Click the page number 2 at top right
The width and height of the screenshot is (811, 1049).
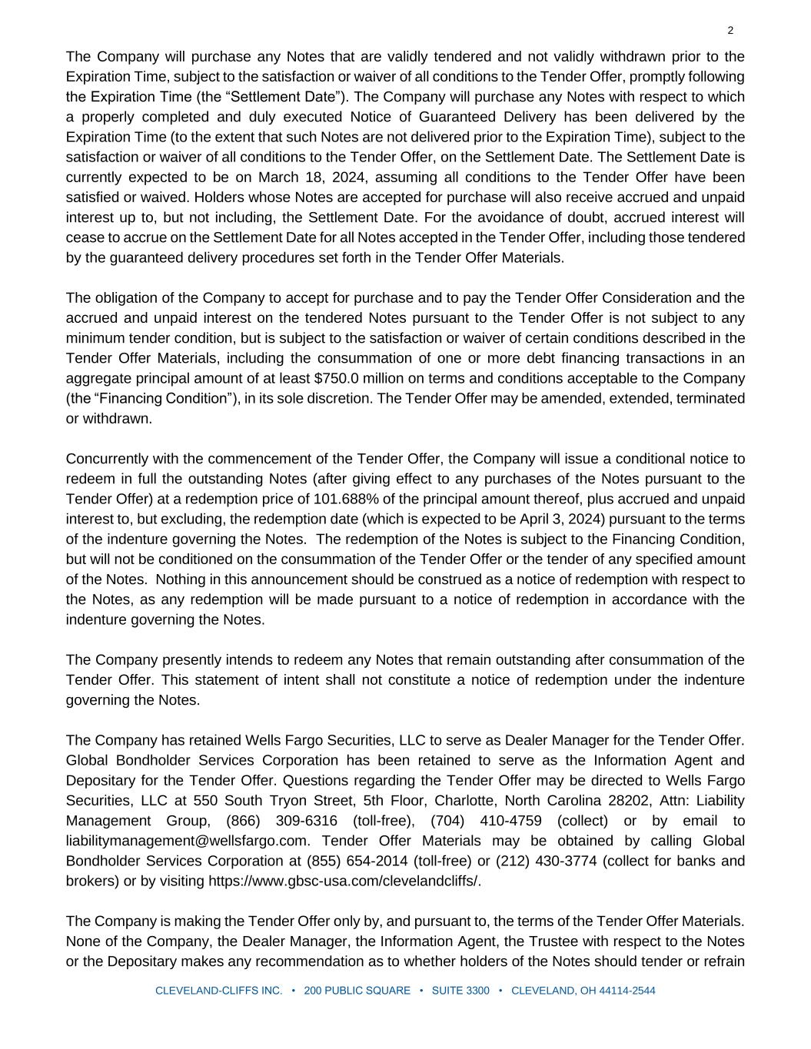click(730, 31)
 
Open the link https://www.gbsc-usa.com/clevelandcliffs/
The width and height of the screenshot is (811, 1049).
click(344, 881)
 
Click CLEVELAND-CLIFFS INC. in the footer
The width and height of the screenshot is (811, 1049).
click(219, 991)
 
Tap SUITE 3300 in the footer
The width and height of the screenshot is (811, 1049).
click(460, 991)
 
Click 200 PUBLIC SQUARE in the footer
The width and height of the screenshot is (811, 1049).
click(357, 991)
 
